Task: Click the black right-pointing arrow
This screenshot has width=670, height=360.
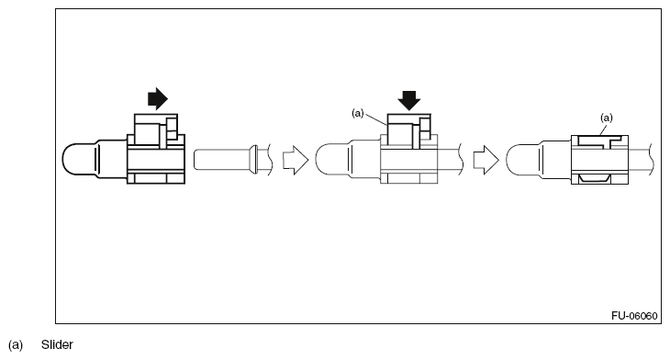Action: (158, 99)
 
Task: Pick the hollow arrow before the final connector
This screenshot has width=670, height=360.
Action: (485, 159)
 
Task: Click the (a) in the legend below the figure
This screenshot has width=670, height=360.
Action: (16, 345)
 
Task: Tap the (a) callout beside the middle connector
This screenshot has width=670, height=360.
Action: (359, 113)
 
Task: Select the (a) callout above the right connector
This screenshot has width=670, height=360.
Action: (606, 118)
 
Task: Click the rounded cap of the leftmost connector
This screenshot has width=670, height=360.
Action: (81, 159)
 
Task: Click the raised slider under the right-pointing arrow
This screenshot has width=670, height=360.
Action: (150, 129)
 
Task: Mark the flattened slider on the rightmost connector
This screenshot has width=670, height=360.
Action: (598, 139)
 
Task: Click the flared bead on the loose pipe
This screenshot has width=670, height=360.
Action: (252, 159)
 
